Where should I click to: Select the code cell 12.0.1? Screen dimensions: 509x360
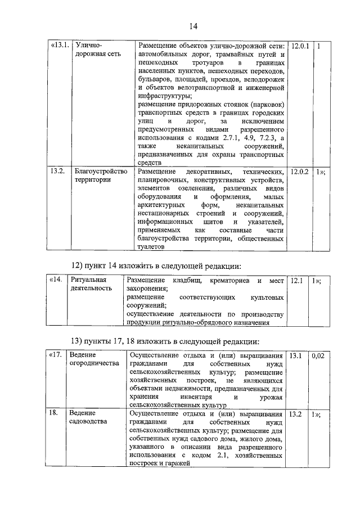click(300, 46)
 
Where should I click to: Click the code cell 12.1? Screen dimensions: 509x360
click(296, 280)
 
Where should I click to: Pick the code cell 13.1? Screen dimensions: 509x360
click(296, 356)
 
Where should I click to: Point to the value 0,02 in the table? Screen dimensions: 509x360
click(319, 356)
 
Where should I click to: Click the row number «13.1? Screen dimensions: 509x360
click(60, 46)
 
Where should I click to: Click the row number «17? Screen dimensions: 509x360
click(55, 356)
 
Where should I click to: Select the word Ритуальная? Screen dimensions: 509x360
click(89, 280)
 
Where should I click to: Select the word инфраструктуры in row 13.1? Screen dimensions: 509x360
click(164, 96)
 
